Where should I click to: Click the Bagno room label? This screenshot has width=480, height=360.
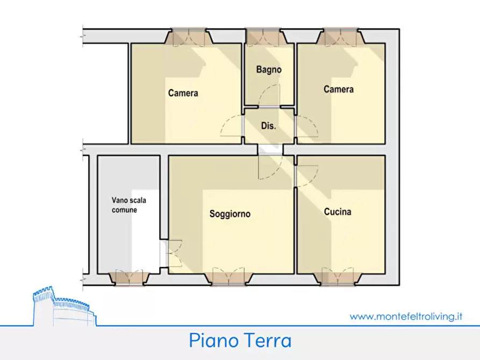pyautogui.click(x=269, y=70)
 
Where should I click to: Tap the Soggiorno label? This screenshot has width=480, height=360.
pyautogui.click(x=230, y=214)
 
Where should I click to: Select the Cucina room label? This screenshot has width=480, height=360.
pyautogui.click(x=338, y=212)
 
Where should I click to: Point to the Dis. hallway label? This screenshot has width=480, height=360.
pyautogui.click(x=268, y=126)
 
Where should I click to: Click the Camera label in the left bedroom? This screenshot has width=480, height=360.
pyautogui.click(x=183, y=93)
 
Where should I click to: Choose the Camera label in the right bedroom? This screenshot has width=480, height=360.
pyautogui.click(x=339, y=89)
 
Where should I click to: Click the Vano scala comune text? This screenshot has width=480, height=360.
pyautogui.click(x=128, y=205)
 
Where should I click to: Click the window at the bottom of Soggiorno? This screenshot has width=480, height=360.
pyautogui.click(x=228, y=277)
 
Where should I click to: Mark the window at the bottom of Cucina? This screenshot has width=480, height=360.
pyautogui.click(x=338, y=277)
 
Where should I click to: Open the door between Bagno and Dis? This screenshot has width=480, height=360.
pyautogui.click(x=269, y=97)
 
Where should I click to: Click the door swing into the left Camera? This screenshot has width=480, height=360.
pyautogui.click(x=231, y=127)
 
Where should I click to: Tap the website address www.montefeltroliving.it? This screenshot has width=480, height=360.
pyautogui.click(x=406, y=316)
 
